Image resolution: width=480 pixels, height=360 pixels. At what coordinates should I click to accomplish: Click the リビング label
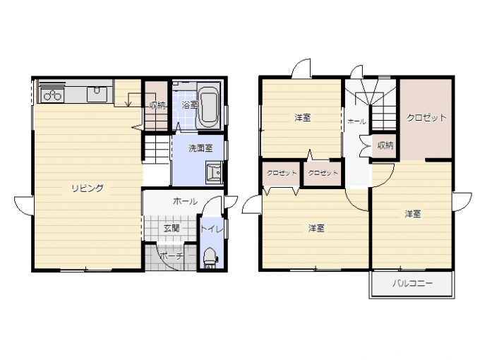[x=88, y=188]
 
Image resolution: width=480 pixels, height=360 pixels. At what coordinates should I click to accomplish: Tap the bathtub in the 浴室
[x=208, y=106]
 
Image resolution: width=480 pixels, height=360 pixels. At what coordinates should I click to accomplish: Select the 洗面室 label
[x=200, y=148]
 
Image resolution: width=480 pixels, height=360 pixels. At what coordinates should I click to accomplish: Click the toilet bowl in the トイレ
[x=210, y=256]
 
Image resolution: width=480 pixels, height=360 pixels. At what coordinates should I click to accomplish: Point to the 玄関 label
[x=172, y=228]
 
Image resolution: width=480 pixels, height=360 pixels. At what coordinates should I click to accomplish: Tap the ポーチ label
[x=172, y=256]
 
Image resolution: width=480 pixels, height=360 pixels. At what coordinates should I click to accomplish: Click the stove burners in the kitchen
[x=51, y=95]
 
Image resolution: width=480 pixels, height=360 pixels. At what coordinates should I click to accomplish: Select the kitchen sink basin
[x=97, y=94]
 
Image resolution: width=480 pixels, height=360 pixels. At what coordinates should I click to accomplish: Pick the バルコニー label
[x=413, y=283]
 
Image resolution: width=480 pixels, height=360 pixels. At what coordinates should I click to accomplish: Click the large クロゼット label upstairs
[x=426, y=118]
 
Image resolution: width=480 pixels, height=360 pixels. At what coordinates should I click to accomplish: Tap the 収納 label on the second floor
[x=385, y=145]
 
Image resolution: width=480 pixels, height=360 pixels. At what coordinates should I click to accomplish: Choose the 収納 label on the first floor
[x=157, y=106]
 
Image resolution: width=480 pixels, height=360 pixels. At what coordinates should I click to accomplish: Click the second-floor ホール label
[x=356, y=121]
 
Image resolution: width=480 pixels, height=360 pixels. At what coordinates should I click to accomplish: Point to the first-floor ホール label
[x=185, y=201]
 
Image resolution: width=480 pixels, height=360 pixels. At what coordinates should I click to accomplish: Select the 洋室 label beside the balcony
[x=413, y=214]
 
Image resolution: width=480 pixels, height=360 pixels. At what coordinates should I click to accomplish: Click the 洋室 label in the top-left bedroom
[x=303, y=117]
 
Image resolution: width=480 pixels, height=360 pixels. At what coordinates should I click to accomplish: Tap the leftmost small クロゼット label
[x=282, y=173]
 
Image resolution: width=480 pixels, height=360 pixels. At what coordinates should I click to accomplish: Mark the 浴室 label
[x=189, y=105]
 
